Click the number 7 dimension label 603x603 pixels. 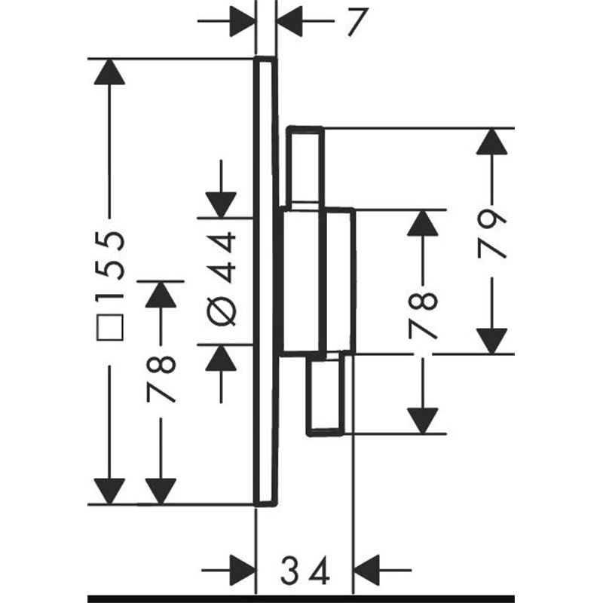click(357, 22)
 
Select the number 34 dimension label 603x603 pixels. click(305, 570)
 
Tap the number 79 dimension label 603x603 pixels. click(491, 234)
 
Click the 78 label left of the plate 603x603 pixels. click(161, 379)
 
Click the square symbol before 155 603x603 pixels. click(110, 327)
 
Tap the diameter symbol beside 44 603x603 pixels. click(221, 311)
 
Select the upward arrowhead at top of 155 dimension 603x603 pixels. click(109, 72)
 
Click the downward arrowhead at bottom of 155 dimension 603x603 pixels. click(109, 491)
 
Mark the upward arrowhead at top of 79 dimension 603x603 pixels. click(491, 142)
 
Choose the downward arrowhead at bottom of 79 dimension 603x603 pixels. click(491, 341)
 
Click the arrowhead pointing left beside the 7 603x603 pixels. click(289, 21)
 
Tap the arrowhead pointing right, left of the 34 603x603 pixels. click(243, 570)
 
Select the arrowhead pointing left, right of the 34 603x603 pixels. click(366, 570)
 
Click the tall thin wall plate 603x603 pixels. click(265, 281)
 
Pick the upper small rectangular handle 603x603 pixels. click(305, 167)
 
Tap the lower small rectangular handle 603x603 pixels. click(326, 395)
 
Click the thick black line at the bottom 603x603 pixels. click(301, 598)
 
